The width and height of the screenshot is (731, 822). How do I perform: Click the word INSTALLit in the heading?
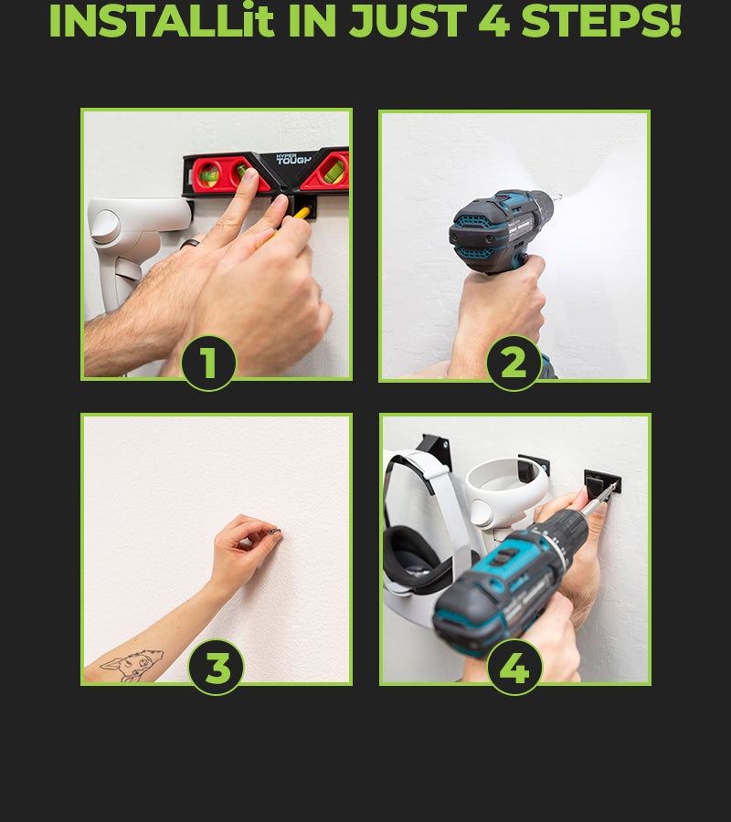tap(162, 20)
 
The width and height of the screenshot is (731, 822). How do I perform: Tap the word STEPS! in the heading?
tap(601, 20)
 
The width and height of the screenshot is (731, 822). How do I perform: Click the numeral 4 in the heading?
tap(494, 20)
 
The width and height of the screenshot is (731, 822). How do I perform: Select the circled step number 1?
tap(208, 363)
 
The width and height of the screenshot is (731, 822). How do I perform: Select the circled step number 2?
tap(514, 363)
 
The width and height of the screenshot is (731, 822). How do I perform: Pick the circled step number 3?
tap(216, 668)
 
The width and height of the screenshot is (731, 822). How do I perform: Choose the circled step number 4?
tap(514, 668)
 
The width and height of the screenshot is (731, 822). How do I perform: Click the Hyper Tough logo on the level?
tap(293, 158)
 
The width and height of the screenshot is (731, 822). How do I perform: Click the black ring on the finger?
tap(189, 243)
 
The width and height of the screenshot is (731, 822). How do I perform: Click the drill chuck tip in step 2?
tap(556, 197)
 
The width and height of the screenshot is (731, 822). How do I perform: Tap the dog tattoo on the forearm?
tap(132, 664)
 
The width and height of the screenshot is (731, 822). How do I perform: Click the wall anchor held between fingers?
tap(276, 532)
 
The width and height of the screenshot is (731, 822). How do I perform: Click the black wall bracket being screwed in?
tap(602, 482)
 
